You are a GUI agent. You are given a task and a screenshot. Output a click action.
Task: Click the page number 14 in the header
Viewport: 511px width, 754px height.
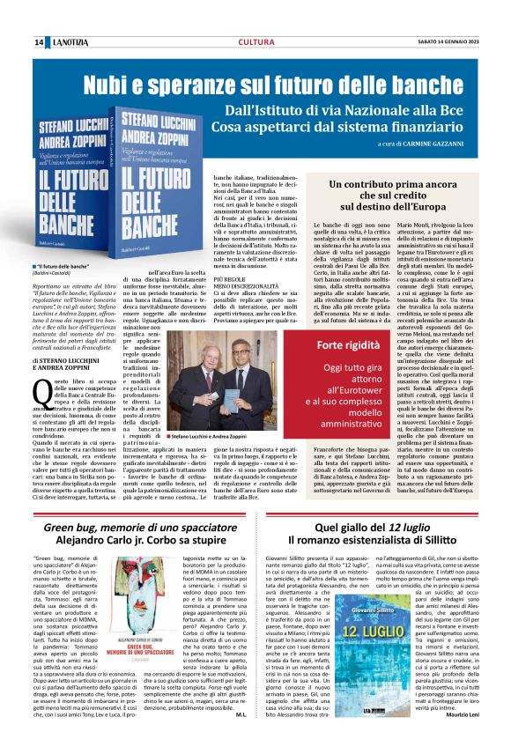click(40, 42)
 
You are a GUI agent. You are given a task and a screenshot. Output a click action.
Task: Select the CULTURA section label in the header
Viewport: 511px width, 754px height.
click(255, 42)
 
